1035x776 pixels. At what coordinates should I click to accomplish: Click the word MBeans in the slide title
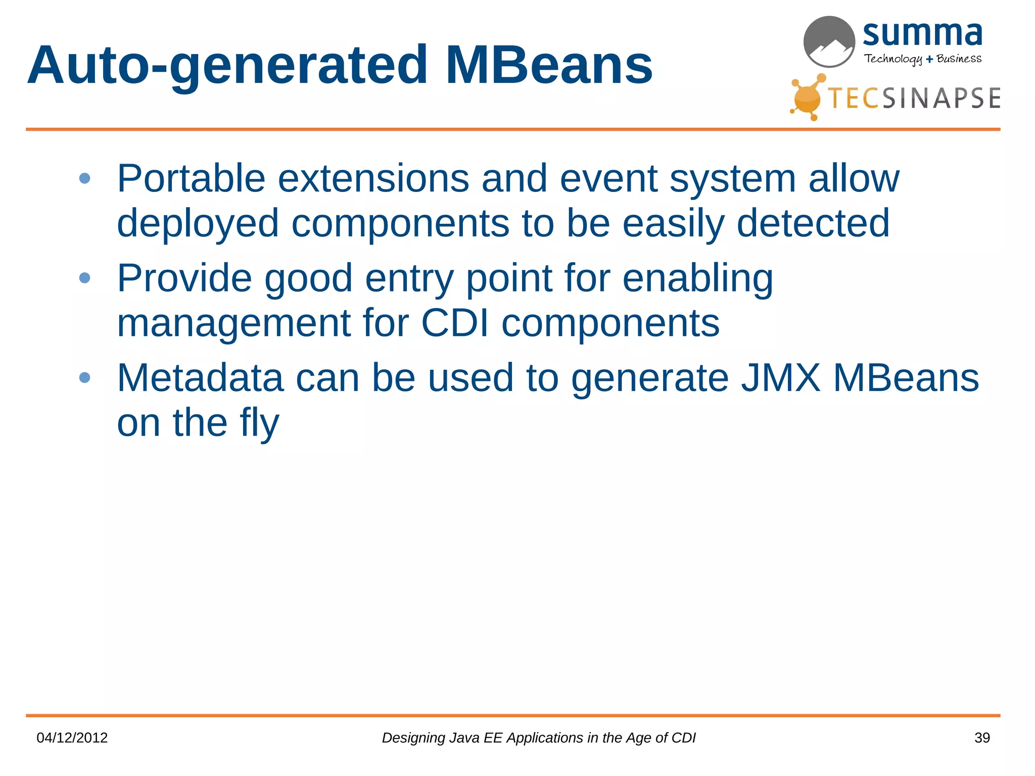(549, 66)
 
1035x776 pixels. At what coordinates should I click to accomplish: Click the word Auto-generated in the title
(227, 66)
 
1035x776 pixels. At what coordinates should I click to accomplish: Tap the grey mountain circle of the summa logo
(829, 41)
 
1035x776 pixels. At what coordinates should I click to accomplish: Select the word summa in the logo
(922, 34)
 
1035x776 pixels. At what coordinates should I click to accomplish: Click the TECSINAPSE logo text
(914, 98)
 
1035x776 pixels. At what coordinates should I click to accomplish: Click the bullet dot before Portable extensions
(85, 178)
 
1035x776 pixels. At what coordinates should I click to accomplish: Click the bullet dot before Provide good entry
(85, 278)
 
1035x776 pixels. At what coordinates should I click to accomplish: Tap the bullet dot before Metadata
(85, 377)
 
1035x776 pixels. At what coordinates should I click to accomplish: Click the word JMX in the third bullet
(780, 377)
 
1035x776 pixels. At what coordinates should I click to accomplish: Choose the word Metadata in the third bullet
(200, 377)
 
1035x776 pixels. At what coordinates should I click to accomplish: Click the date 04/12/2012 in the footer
(72, 738)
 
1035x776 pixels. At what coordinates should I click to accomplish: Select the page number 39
(981, 738)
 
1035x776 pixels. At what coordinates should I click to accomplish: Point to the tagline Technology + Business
(922, 59)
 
